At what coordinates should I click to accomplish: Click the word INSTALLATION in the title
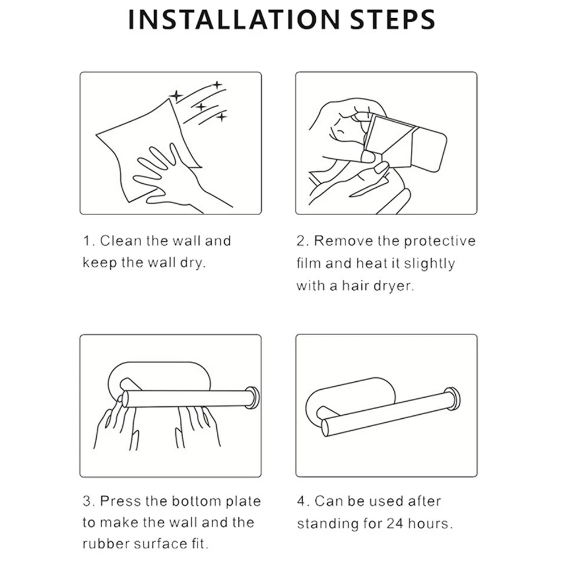pyautogui.click(x=234, y=20)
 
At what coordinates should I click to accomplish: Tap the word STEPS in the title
pyautogui.click(x=392, y=20)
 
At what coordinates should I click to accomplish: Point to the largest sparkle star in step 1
pyautogui.click(x=176, y=96)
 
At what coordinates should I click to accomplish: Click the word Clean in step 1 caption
pyautogui.click(x=121, y=241)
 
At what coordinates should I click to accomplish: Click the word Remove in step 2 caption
pyautogui.click(x=343, y=241)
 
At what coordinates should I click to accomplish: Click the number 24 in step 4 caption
pyautogui.click(x=394, y=523)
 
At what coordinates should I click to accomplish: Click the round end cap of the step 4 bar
pyautogui.click(x=453, y=399)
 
